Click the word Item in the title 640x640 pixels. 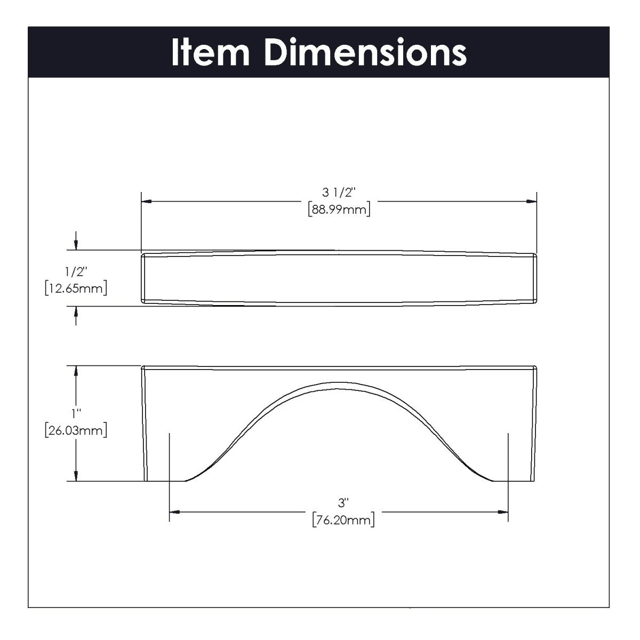click(211, 53)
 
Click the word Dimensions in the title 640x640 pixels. click(365, 52)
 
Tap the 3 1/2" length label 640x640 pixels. click(339, 193)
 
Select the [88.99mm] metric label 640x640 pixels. click(339, 210)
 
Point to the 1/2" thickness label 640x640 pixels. click(76, 272)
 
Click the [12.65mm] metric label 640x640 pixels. click(76, 289)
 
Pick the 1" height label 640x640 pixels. click(76, 414)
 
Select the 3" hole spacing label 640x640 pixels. click(343, 503)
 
